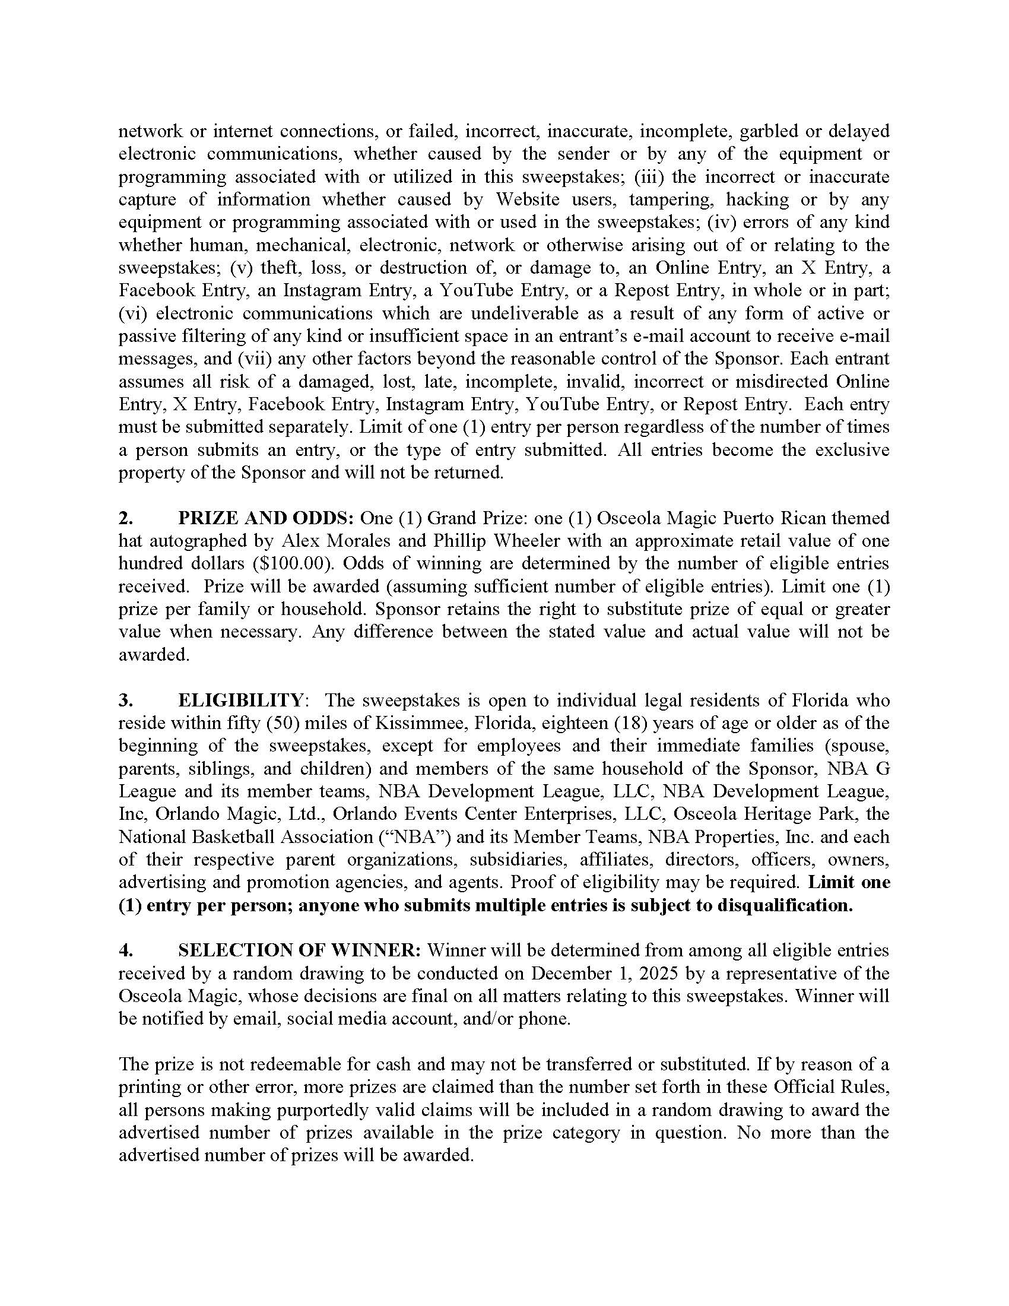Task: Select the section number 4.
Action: tap(125, 951)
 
